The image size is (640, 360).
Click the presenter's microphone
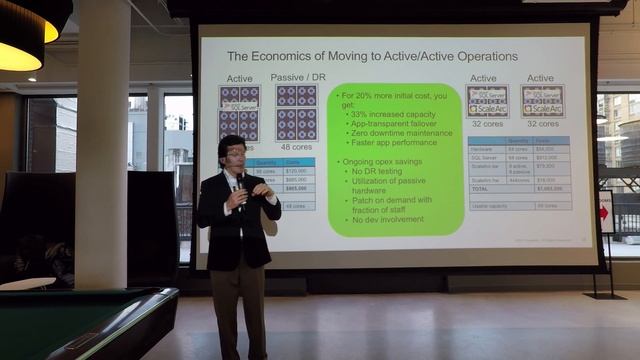239,182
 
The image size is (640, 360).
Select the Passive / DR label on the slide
297,77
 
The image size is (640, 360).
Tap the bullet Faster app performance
397,141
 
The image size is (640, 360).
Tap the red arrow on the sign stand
606,212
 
